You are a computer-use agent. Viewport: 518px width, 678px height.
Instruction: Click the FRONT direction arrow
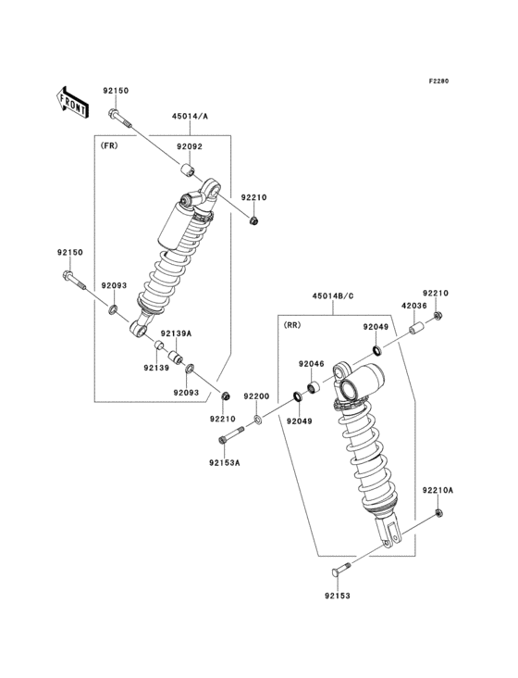pos(71,100)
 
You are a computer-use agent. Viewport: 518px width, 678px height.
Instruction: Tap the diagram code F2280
pos(438,82)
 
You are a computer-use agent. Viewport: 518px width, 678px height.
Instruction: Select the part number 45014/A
pos(190,117)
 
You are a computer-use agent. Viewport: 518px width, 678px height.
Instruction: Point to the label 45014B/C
pos(331,296)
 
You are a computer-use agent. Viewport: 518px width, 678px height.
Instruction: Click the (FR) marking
pos(108,145)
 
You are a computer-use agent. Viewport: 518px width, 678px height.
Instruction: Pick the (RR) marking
pos(291,325)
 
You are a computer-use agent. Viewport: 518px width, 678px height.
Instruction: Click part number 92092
pos(190,146)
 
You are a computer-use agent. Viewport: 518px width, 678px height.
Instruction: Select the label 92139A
pos(176,333)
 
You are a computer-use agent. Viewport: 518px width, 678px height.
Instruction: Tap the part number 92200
pos(256,396)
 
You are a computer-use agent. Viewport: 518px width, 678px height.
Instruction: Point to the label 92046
pos(311,365)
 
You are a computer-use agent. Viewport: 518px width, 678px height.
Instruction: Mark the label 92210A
pos(438,489)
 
